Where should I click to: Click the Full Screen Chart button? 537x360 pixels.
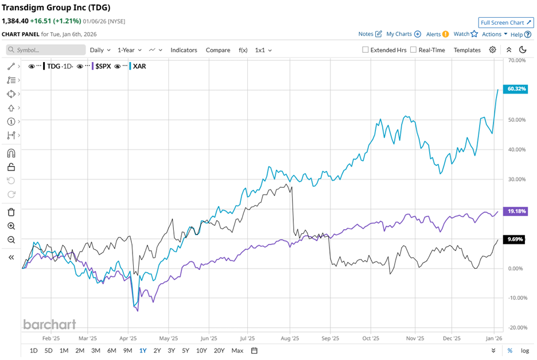click(x=505, y=22)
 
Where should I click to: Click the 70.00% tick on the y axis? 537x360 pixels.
click(x=517, y=60)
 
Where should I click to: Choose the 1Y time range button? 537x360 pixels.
click(x=142, y=350)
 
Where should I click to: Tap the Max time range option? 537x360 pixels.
click(x=236, y=350)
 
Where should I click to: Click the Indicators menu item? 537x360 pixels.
click(x=184, y=50)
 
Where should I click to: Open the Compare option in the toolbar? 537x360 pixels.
click(x=218, y=50)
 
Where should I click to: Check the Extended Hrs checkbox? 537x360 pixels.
click(x=365, y=50)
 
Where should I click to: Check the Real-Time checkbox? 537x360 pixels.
click(x=414, y=50)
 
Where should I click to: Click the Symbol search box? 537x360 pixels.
click(x=46, y=50)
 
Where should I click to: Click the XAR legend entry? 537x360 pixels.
click(x=139, y=66)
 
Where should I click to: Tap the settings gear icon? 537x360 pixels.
click(x=492, y=50)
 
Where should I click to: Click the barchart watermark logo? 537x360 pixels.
click(x=49, y=324)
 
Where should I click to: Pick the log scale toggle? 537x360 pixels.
click(x=525, y=350)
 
